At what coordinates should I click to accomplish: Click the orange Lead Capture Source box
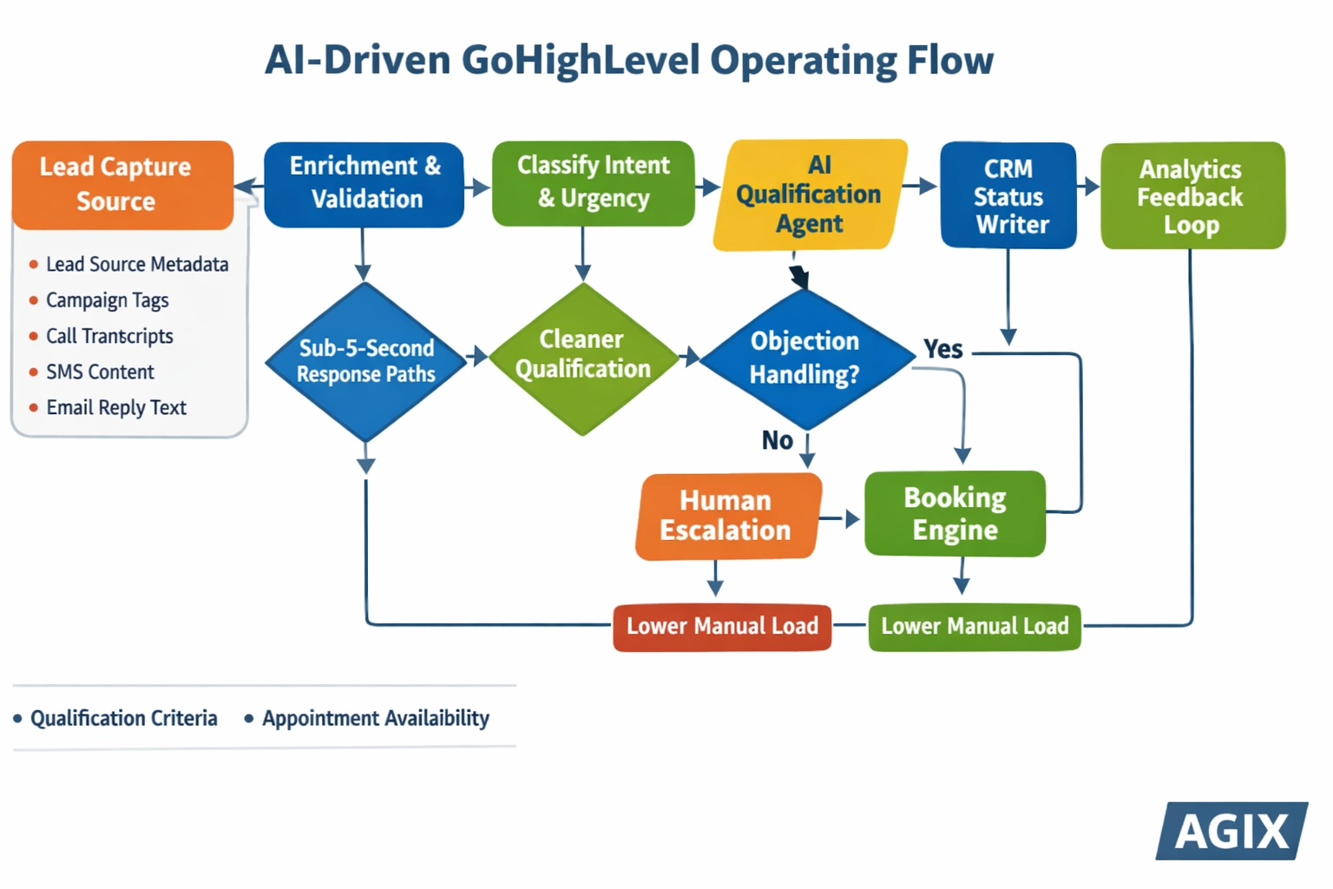pyautogui.click(x=122, y=185)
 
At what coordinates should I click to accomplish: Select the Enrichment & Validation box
pyautogui.click(x=364, y=184)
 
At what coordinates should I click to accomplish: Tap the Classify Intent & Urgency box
pyautogui.click(x=593, y=183)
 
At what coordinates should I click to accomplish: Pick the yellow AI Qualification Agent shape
pyautogui.click(x=810, y=194)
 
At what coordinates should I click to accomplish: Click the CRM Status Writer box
pyautogui.click(x=1008, y=195)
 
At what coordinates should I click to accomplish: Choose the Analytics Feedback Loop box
pyautogui.click(x=1192, y=195)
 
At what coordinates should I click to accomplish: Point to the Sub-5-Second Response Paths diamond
pyautogui.click(x=365, y=361)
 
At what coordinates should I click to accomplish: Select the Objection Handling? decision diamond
pyautogui.click(x=805, y=358)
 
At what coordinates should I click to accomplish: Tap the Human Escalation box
pyautogui.click(x=727, y=516)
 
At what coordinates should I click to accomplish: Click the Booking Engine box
pyautogui.click(x=955, y=514)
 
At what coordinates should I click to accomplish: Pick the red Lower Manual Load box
pyautogui.click(x=722, y=627)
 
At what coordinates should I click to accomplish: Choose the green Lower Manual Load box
pyautogui.click(x=975, y=627)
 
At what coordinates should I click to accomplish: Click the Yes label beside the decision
pyautogui.click(x=943, y=349)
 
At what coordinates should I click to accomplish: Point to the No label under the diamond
pyautogui.click(x=778, y=441)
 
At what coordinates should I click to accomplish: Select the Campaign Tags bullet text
pyautogui.click(x=107, y=300)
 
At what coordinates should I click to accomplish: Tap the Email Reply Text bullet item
pyautogui.click(x=116, y=408)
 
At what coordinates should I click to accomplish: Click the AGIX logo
pyautogui.click(x=1231, y=831)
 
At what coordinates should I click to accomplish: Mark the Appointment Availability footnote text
pyautogui.click(x=376, y=719)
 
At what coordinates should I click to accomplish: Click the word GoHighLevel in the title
pyautogui.click(x=581, y=61)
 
